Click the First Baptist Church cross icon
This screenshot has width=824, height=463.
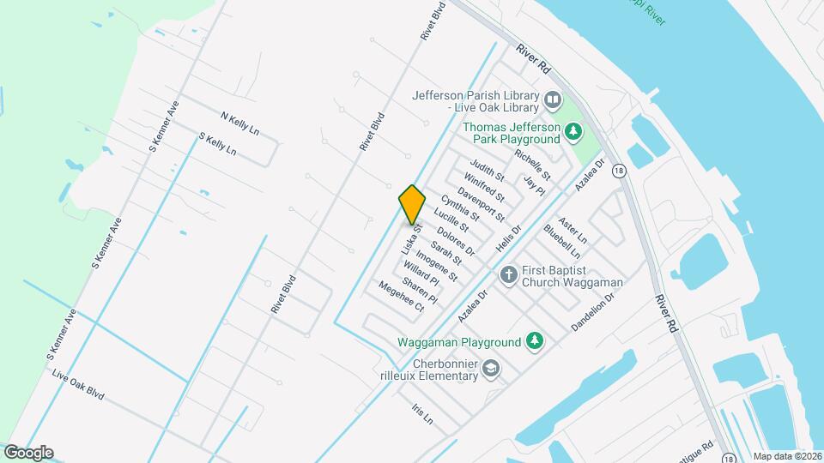pos(508,275)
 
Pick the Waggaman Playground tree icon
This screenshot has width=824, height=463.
pos(535,342)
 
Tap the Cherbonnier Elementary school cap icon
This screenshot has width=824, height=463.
pos(491,370)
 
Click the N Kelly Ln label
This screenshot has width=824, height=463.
pos(239,122)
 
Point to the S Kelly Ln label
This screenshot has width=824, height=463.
pos(217,142)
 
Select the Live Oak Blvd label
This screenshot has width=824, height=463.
pos(78,385)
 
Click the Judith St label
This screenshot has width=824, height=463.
pos(487,170)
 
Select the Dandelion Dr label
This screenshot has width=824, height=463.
pos(593,313)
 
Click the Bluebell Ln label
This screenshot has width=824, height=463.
pos(562,242)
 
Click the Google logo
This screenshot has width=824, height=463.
pos(28,453)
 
